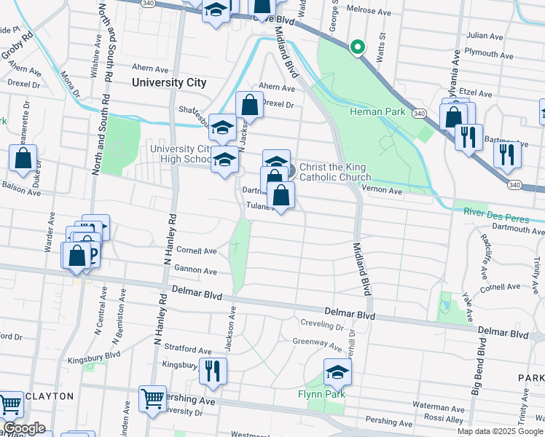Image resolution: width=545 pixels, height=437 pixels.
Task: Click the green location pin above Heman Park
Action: (x=357, y=47)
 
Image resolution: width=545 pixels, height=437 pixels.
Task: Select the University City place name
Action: (x=169, y=82)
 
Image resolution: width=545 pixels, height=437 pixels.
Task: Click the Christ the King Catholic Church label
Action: (x=335, y=172)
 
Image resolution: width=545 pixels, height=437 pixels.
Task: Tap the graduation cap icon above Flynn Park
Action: (x=337, y=373)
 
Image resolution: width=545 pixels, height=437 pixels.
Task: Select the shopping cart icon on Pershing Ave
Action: (x=152, y=398)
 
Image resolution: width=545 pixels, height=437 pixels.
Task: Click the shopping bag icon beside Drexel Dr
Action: (x=249, y=105)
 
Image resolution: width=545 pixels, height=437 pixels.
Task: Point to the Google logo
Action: (x=24, y=428)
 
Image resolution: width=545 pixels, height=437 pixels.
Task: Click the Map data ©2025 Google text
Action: (x=500, y=431)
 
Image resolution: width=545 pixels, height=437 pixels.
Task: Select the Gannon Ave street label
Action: (x=195, y=271)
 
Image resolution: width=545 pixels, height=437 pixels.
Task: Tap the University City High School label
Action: (x=181, y=154)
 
